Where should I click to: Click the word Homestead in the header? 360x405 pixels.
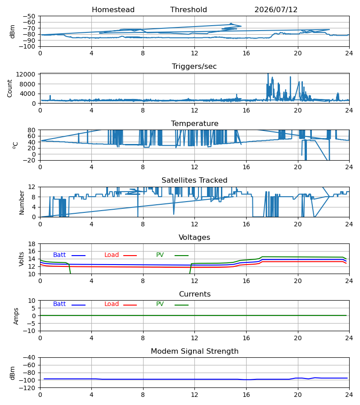click(x=113, y=10)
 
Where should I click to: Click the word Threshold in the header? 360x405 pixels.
click(x=189, y=10)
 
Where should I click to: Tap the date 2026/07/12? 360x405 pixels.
click(x=276, y=10)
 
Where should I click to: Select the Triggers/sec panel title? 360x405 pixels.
click(x=194, y=67)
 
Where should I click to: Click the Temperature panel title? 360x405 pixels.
click(x=194, y=123)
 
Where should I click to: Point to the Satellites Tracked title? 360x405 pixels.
click(x=194, y=180)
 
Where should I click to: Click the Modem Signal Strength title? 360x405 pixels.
click(x=194, y=351)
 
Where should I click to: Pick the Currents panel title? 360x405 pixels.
click(x=195, y=294)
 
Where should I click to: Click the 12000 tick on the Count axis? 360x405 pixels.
click(x=26, y=74)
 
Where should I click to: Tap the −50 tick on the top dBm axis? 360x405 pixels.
click(x=29, y=16)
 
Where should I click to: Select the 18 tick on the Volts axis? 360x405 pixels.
click(x=32, y=244)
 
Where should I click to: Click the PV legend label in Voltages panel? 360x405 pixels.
click(x=160, y=255)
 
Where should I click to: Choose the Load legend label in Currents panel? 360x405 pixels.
click(x=112, y=304)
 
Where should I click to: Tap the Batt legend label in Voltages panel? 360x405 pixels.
click(x=59, y=255)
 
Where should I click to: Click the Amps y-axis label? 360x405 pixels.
click(x=16, y=316)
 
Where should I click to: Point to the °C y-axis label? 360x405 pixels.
click(x=15, y=145)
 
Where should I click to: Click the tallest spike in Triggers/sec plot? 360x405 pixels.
click(x=268, y=74)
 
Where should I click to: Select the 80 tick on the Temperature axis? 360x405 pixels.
click(x=32, y=130)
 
